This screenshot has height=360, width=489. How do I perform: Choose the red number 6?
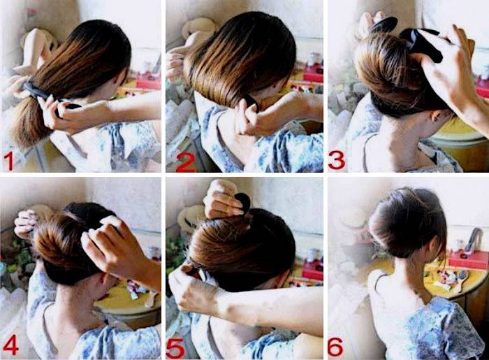click(335, 346)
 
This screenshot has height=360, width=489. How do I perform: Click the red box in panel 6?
click(468, 259)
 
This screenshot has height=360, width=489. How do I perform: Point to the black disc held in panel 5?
click(242, 203)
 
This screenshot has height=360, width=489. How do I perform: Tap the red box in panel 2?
click(313, 75)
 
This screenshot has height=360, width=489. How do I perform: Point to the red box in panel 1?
click(148, 82)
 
